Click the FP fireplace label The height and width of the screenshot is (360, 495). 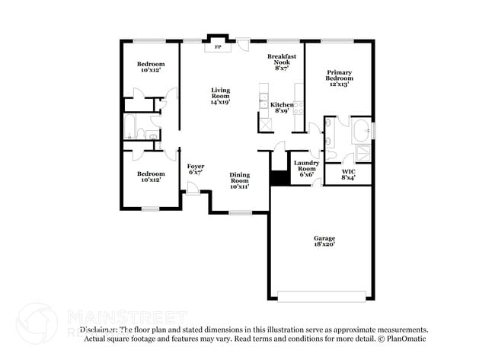tap(219, 47)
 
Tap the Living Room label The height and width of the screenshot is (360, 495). tap(220, 95)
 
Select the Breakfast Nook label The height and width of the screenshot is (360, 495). tap(282, 62)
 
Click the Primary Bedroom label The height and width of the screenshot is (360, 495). tap(339, 74)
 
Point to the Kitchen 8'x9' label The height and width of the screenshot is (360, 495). tap(282, 109)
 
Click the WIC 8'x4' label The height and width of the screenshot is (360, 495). tap(348, 174)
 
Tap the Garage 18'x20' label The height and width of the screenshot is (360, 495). tap(324, 241)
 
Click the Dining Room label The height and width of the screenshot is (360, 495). tap(239, 180)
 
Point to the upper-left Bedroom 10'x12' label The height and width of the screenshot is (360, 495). tap(150, 67)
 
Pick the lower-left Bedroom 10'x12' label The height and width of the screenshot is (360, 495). tap(150, 157)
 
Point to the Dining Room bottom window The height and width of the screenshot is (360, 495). tap(241, 212)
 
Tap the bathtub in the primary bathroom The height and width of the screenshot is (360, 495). tap(362, 130)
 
